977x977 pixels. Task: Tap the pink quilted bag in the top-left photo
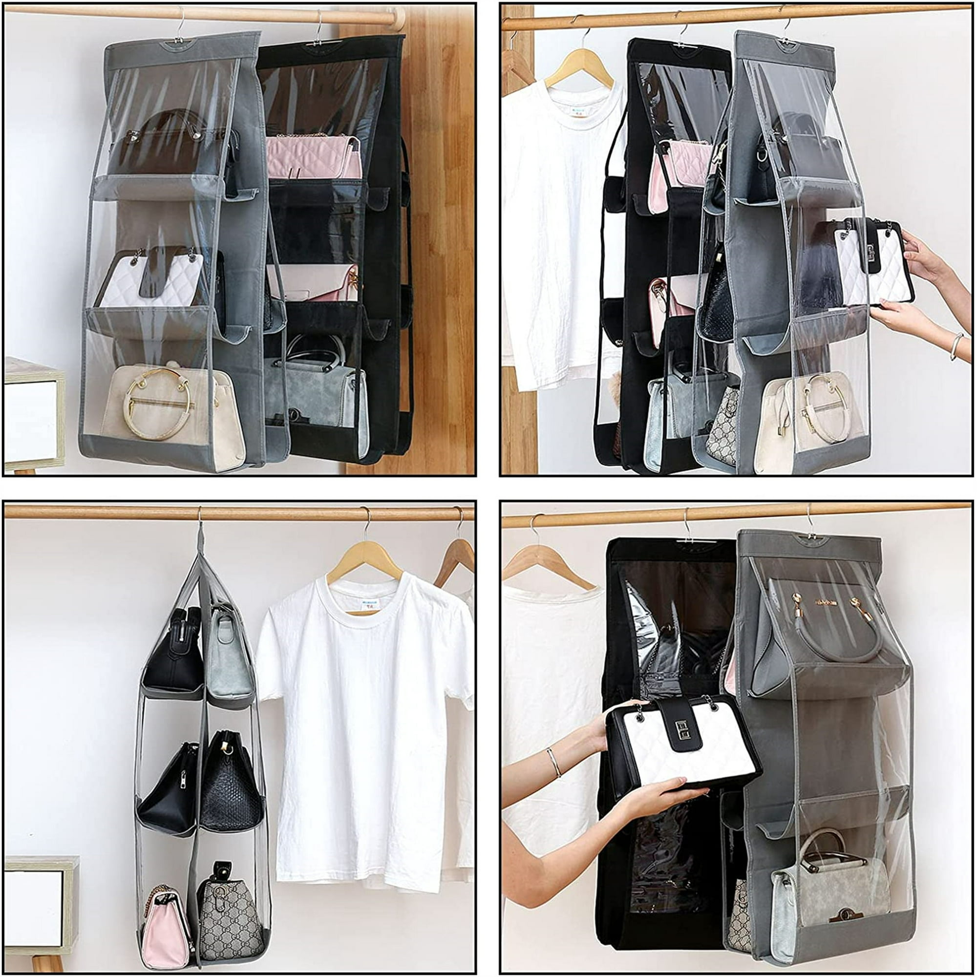314,156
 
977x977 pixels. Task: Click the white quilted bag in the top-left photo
152,279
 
